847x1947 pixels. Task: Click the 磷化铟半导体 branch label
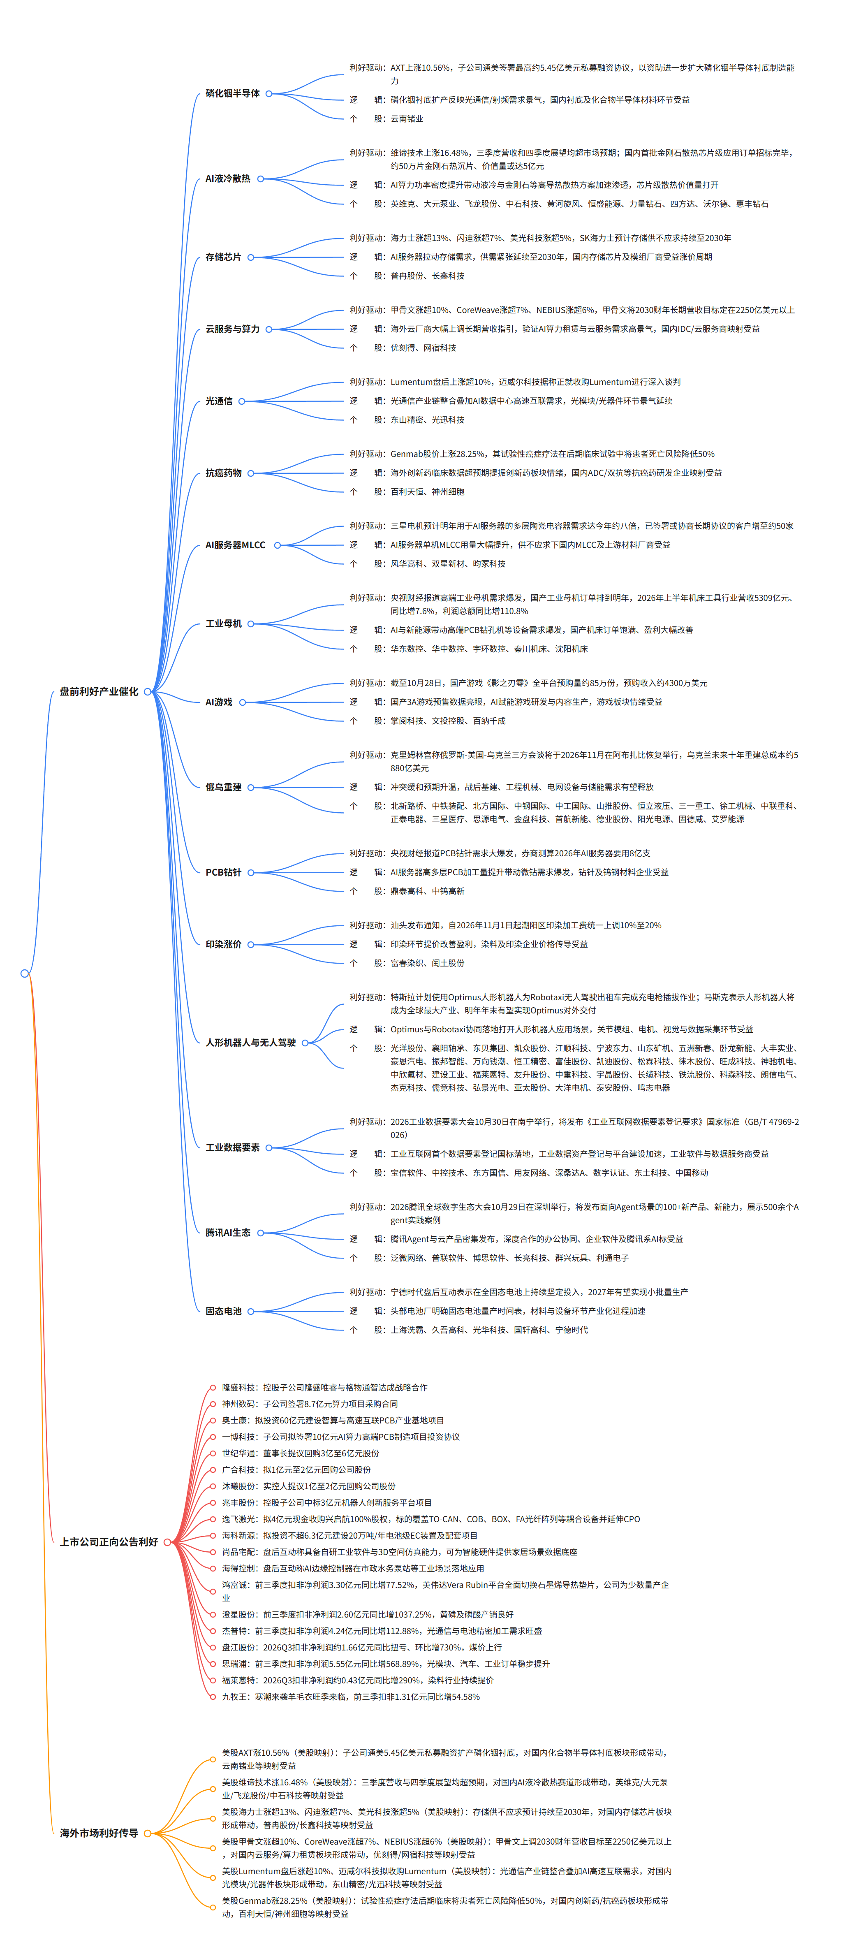[x=233, y=94]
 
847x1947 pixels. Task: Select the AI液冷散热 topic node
[x=228, y=179]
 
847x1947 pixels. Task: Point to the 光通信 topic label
[x=219, y=401]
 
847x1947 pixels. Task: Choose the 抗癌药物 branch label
[x=224, y=473]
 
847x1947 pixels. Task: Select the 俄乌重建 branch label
[x=224, y=788]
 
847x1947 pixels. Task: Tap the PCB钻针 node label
[x=224, y=872]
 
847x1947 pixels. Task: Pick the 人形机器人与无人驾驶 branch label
[x=251, y=1043]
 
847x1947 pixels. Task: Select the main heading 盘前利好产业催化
[x=99, y=692]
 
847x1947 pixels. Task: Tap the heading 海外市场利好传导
[x=99, y=1833]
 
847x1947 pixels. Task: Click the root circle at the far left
[x=24, y=973]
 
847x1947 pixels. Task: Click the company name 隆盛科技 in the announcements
[x=238, y=1388]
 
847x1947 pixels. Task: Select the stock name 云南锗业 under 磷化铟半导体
[x=407, y=119]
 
